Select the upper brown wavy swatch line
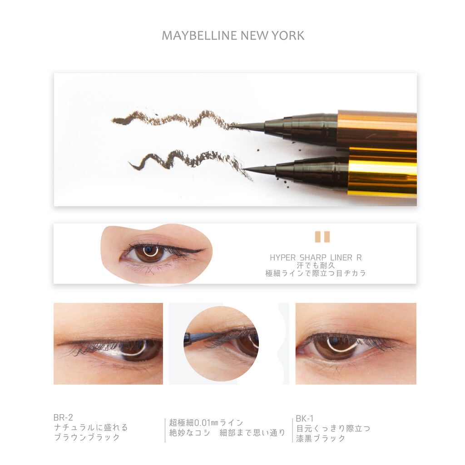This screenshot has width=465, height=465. coord(173,119)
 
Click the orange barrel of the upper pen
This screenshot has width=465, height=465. coord(377,129)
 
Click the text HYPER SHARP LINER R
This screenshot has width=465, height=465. coord(316,257)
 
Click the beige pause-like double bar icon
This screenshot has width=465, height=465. coord(322,237)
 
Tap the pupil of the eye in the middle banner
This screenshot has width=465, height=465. coord(149,252)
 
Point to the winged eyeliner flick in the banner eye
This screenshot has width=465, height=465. coord(193,250)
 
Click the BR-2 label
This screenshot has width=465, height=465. coord(63,417)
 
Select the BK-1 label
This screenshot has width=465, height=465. coord(305,418)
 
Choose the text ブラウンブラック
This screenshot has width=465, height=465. coord(86,438)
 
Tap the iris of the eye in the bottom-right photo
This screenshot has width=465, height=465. coord(335,348)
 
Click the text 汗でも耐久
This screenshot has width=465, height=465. coord(316,265)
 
